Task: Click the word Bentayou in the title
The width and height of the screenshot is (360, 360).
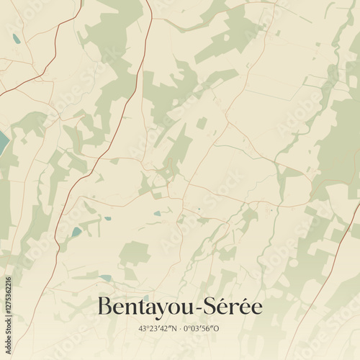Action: click(x=143, y=307)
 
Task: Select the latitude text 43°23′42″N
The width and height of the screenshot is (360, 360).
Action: click(x=158, y=329)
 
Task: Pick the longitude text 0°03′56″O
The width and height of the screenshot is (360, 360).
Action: click(x=202, y=329)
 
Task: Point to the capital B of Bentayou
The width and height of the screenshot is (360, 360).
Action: click(x=104, y=306)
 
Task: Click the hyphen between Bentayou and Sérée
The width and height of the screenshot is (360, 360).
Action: click(x=194, y=308)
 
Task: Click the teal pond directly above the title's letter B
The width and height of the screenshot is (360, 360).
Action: click(x=106, y=277)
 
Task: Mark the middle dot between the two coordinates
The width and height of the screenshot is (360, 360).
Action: click(x=180, y=329)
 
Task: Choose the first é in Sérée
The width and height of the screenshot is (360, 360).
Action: click(x=220, y=307)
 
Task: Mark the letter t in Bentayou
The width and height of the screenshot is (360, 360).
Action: click(x=136, y=307)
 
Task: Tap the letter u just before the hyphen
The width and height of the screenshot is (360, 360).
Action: click(x=184, y=308)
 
